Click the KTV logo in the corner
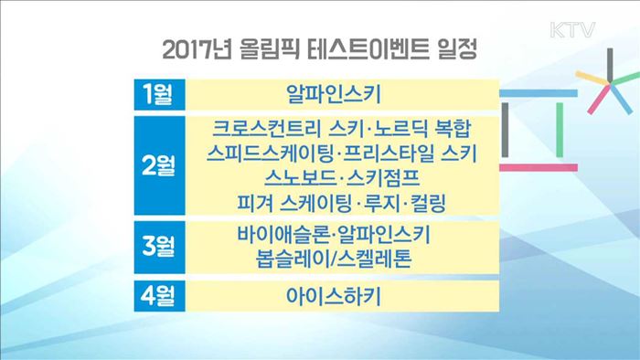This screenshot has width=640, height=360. tap(575, 29)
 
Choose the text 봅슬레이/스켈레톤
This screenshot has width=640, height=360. tap(336, 259)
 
